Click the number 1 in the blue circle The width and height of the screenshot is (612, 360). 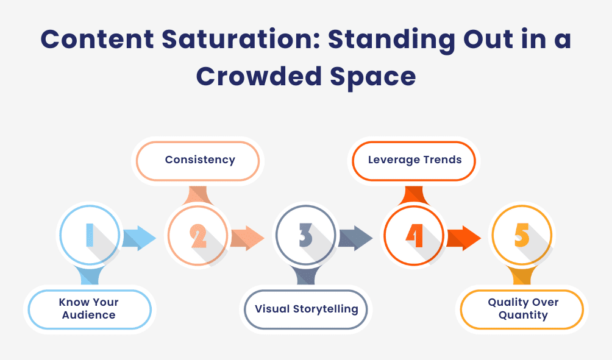point(89,235)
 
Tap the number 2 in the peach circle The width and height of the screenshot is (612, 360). point(198,235)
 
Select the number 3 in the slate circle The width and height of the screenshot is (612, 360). point(305,235)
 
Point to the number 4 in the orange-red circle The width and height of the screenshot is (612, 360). point(414,235)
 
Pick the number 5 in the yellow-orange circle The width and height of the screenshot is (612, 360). point(522,235)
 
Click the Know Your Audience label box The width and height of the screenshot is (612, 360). point(88,309)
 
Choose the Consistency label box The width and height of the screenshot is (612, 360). point(199,160)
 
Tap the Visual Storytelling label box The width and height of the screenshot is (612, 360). point(306,309)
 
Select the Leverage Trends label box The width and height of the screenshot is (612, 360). point(415,160)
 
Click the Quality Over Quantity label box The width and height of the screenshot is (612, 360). point(522,309)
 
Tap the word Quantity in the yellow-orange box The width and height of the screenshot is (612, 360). point(522,316)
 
